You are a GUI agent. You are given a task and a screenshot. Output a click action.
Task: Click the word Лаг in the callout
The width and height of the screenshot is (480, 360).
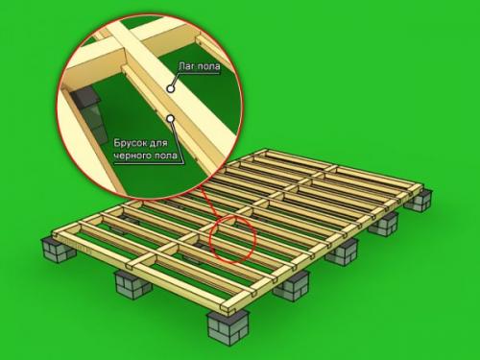point(186,66)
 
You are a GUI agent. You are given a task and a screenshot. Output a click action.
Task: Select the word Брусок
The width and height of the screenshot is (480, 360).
point(130,143)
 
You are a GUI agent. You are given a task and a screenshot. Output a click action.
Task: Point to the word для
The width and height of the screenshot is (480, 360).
point(158,143)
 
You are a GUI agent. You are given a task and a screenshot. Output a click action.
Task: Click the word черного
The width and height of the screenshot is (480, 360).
point(132,156)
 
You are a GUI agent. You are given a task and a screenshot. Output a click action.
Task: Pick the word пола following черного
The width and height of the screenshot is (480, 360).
point(164,156)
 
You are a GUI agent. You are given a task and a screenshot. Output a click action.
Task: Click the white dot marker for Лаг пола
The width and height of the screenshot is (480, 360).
point(171,88)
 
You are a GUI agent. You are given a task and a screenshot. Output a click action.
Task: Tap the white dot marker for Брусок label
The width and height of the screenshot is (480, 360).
point(171,119)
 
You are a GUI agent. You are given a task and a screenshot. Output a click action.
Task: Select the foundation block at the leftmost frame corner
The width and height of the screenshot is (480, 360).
point(59,250)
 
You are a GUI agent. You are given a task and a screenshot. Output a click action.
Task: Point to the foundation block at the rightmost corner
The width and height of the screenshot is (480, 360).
point(419,201)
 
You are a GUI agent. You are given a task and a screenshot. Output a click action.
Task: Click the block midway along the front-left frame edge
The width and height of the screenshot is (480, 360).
point(133,285)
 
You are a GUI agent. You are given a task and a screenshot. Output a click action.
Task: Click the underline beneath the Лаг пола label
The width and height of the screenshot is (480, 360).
point(199,73)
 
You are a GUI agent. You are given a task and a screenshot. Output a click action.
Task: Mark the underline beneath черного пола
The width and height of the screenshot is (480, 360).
point(149,163)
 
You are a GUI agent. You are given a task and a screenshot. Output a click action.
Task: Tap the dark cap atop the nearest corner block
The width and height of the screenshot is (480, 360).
point(228,315)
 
